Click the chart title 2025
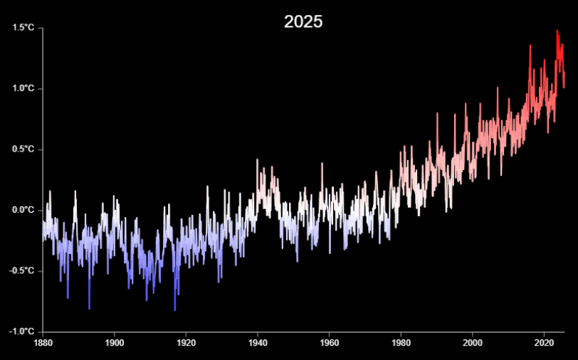tap(303, 21)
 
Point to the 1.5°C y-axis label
tap(23, 28)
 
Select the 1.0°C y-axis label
tap(23, 88)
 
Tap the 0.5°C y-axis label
tap(23, 149)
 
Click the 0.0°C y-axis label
tap(23, 210)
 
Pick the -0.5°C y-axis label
tap(21, 271)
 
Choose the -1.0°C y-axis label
tap(21, 332)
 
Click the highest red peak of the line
tap(557, 31)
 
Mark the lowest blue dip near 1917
tap(175, 310)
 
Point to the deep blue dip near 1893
tap(89, 308)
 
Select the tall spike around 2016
tap(530, 46)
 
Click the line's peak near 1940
tap(257, 160)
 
